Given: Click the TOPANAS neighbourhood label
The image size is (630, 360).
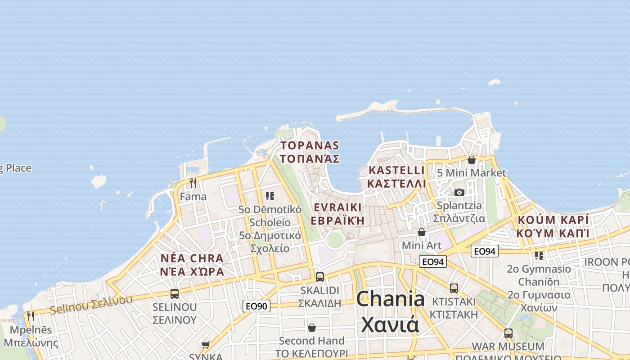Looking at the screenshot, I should pos(310,152).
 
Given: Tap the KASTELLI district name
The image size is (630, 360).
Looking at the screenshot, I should pos(396,177).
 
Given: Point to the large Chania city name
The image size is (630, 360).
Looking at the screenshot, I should pos(390,311).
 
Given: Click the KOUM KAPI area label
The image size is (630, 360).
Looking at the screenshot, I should pos(553,226).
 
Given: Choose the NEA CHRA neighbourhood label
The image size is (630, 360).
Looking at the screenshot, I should pos(192,265).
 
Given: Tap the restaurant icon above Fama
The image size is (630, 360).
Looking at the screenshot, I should pos(193,183).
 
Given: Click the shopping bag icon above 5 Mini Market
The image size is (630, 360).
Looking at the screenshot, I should pos(471,160).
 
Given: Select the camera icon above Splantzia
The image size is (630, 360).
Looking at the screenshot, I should pos(459,192).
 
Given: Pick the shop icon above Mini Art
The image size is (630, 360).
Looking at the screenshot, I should pos(422,232).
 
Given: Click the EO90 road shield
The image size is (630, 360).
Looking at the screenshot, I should pos(256,306).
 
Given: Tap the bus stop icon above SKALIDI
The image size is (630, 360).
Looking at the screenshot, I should pos(320,277).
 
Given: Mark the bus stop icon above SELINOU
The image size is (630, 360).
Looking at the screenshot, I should pos(175,294).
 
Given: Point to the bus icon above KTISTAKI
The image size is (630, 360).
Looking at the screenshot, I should pos(454,288).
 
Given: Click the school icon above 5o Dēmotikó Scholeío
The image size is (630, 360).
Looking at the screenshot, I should pos(270,196).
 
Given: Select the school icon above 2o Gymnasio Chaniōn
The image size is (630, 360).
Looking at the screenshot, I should pos(539,256).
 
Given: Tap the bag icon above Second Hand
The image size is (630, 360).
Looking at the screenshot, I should pos(311,328).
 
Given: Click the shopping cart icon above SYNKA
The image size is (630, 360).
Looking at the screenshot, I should pos(206,345).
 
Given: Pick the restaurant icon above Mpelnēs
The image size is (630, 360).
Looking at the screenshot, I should pos(30,316).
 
